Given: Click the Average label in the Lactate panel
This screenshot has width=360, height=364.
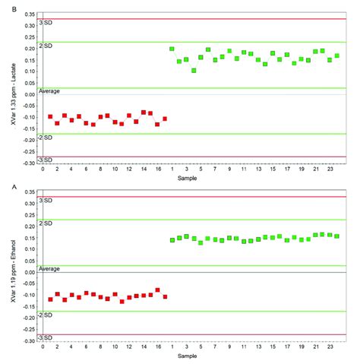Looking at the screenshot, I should tap(56, 91).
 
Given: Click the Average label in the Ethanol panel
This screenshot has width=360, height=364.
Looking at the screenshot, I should tap(56, 269).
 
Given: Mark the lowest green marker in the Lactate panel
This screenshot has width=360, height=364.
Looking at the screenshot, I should tap(194, 71).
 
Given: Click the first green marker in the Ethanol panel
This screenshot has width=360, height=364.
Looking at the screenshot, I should tap(172, 240).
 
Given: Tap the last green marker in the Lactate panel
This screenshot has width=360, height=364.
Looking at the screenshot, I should tap(336, 55).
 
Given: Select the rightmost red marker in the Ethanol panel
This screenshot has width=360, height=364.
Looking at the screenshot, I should tap(165, 296).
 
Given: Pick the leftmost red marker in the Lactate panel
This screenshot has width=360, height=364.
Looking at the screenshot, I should tap(50, 117).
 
